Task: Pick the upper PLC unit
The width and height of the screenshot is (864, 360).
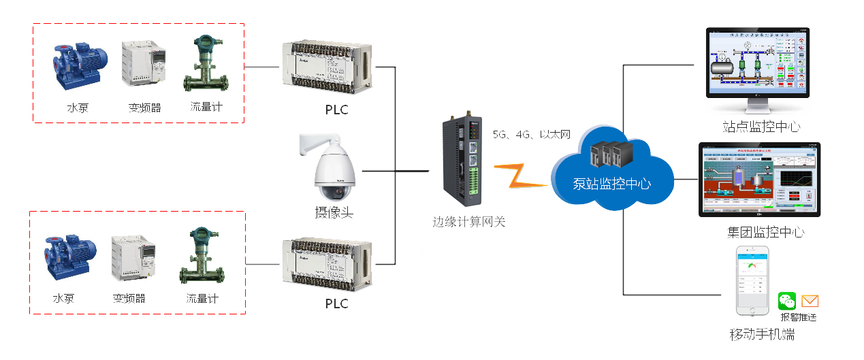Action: point(327,66)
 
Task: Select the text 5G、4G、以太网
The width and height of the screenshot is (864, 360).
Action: point(531,135)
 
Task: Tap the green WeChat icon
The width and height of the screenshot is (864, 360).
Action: point(787,301)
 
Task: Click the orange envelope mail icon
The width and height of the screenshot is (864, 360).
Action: point(810,301)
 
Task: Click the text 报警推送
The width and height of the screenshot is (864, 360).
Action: point(798,317)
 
